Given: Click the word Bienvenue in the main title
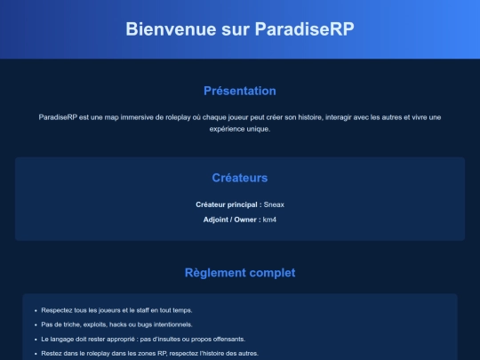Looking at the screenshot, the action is click(x=171, y=29).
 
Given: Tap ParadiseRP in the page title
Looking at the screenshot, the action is click(x=305, y=29).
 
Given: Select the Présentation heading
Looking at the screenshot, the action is click(x=240, y=91).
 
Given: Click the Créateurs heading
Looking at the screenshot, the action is click(x=240, y=178).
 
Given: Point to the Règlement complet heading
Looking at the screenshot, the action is click(x=240, y=273).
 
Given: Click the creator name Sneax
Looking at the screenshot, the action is click(x=274, y=204).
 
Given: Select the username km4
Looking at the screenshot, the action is click(x=269, y=220).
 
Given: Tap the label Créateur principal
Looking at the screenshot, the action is click(x=227, y=204).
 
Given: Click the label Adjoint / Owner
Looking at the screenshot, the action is click(x=230, y=220).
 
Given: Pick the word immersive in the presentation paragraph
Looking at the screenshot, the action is click(x=137, y=117).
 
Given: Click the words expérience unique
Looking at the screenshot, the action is click(x=240, y=129).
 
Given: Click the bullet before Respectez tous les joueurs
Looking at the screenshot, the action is click(x=36, y=311).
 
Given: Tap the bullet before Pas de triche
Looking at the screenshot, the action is click(x=36, y=325).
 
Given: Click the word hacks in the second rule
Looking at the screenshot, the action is click(x=118, y=324).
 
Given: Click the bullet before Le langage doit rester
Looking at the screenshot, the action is click(x=36, y=340).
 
